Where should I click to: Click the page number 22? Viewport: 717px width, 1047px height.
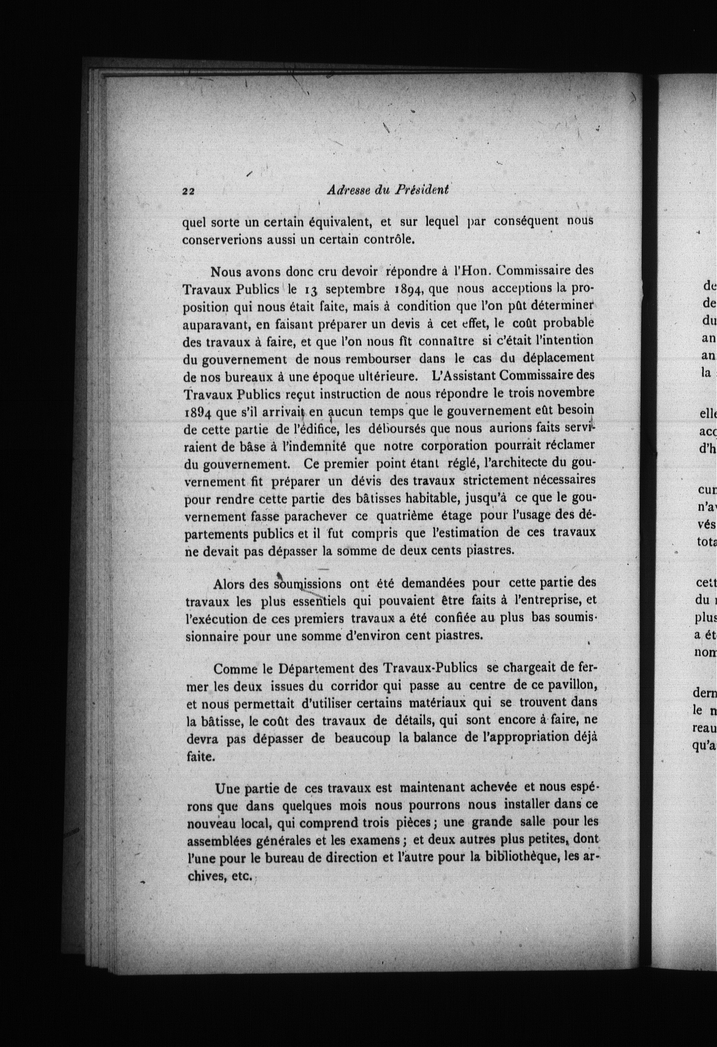point(188,190)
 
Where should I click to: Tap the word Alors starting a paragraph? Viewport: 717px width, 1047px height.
point(229,584)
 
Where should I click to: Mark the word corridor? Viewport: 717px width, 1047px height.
point(355,686)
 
